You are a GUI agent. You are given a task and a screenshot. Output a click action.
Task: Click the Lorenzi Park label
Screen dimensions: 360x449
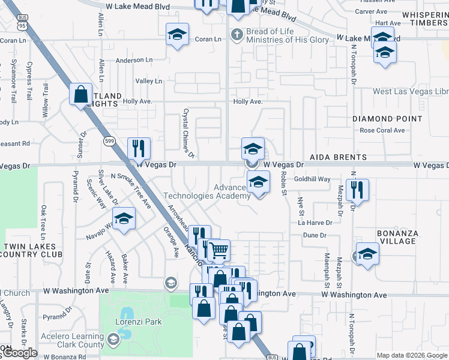(x=139, y=322)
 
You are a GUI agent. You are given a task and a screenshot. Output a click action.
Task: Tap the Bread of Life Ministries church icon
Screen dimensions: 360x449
(x=238, y=35)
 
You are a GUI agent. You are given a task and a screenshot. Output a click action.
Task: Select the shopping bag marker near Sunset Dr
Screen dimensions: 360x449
(x=80, y=94)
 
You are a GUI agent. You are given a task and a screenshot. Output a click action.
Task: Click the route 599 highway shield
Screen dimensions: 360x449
(x=109, y=140)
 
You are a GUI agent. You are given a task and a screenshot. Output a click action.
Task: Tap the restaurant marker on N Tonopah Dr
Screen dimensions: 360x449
(x=357, y=191)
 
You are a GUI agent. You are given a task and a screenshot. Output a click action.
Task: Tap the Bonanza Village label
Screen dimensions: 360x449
(x=396, y=237)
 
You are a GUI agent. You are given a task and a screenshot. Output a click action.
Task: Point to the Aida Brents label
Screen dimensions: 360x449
(x=338, y=157)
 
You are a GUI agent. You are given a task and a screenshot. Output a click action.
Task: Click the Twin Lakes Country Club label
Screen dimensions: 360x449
(x=31, y=250)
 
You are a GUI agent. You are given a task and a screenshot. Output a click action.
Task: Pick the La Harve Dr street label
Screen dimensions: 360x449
(x=315, y=223)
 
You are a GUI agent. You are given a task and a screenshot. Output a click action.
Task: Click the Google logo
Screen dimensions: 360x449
(x=19, y=353)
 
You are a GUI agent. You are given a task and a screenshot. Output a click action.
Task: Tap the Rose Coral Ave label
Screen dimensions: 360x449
(x=382, y=130)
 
